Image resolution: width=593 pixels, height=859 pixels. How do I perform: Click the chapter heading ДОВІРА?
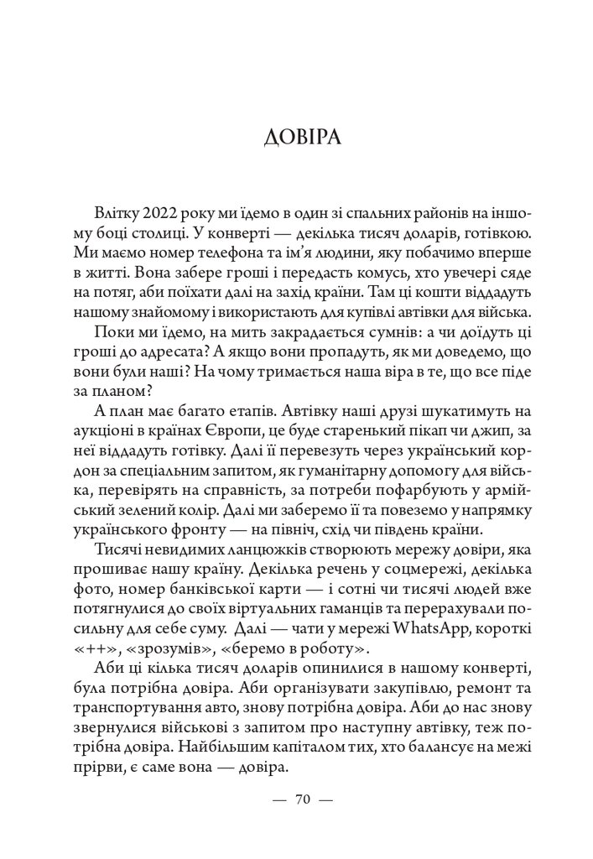click(x=296, y=137)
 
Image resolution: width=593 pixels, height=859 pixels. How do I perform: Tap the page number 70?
click(x=304, y=799)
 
